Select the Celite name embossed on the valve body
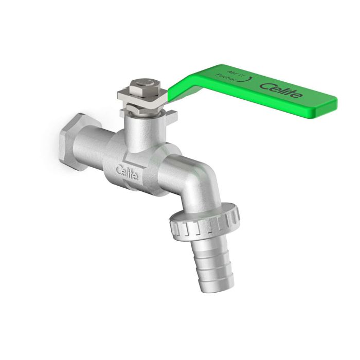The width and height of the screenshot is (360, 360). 127,171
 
